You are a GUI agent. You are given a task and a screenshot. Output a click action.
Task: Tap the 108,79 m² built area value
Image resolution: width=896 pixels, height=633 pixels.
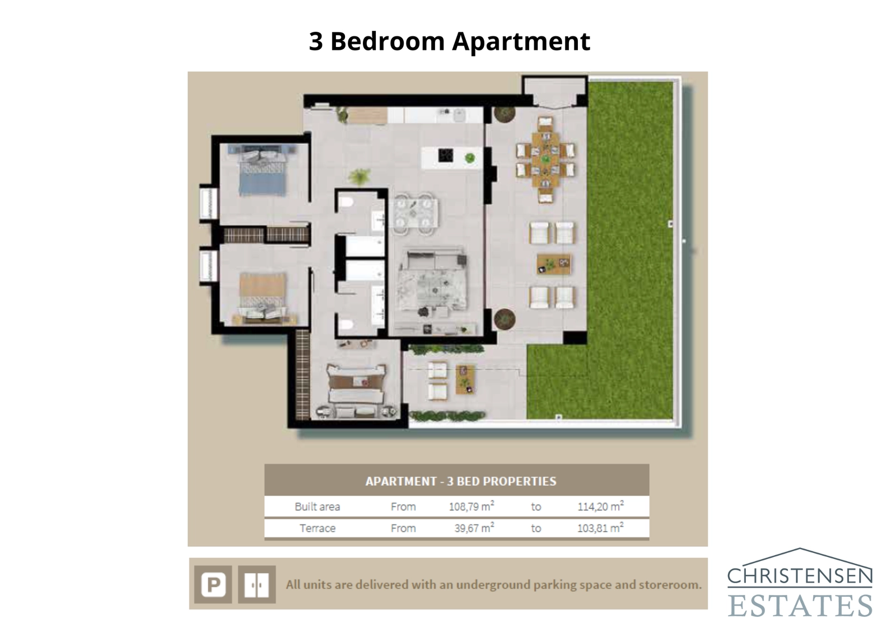pyautogui.click(x=471, y=507)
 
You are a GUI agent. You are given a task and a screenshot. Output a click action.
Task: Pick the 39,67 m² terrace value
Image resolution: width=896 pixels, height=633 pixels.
pyautogui.click(x=474, y=528)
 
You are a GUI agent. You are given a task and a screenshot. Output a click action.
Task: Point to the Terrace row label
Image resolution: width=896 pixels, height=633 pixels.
pyautogui.click(x=318, y=528)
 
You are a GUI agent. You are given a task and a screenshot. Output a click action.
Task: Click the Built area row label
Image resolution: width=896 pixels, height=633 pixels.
pyautogui.click(x=318, y=507)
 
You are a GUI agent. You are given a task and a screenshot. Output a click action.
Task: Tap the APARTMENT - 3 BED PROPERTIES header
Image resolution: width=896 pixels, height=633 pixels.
pyautogui.click(x=461, y=481)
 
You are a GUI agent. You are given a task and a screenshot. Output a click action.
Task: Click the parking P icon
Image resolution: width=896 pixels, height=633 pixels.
pyautogui.click(x=213, y=585)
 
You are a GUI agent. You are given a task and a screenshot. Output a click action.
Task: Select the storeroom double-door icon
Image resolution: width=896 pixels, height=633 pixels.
pyautogui.click(x=256, y=585)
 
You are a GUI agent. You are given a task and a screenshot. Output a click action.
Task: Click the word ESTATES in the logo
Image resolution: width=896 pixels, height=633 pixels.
pyautogui.click(x=800, y=606)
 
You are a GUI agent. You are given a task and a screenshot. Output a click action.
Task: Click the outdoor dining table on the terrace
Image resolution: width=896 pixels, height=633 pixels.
pyautogui.click(x=545, y=160)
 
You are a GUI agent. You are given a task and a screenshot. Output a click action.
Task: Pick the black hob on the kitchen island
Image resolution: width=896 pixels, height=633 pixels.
pyautogui.click(x=446, y=155)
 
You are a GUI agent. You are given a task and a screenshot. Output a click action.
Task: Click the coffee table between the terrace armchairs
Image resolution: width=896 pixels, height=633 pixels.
pyautogui.click(x=553, y=264)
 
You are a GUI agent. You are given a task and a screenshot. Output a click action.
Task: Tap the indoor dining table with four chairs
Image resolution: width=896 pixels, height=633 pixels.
pyautogui.click(x=415, y=213)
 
